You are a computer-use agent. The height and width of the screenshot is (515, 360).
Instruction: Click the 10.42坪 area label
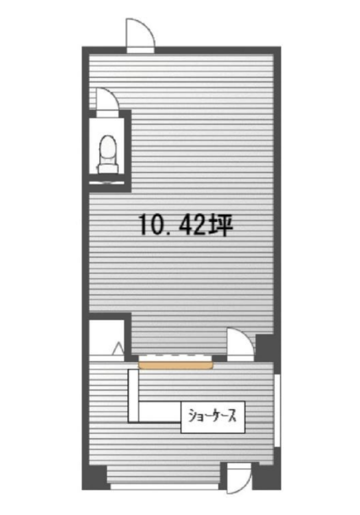click(186, 225)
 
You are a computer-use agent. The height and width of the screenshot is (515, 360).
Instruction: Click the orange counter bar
click(176, 365)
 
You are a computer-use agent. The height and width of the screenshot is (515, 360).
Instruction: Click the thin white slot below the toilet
click(107, 183)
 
